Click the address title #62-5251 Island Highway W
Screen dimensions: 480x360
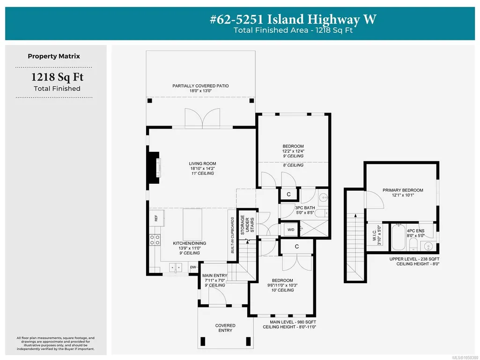[293, 19]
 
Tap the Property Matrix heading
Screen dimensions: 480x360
[54, 56]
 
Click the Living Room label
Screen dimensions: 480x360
[202, 164]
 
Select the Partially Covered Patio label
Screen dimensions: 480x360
[200, 86]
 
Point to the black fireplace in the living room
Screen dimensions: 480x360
[153, 168]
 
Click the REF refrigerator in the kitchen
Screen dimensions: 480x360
[156, 218]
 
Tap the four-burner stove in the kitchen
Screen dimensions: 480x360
[155, 240]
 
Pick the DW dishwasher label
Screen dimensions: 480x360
[193, 267]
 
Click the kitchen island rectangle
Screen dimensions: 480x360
[192, 224]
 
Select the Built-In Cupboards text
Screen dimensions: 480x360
[232, 235]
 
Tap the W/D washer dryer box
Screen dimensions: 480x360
[290, 230]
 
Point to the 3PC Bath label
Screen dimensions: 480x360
[305, 208]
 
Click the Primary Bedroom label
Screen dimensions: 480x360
[403, 190]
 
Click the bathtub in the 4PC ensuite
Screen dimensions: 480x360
[399, 238]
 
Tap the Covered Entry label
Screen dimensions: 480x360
[225, 328]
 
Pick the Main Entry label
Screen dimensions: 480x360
[215, 276]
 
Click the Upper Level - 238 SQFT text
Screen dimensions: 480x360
[414, 259]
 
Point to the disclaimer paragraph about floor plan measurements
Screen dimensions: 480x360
[56, 344]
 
